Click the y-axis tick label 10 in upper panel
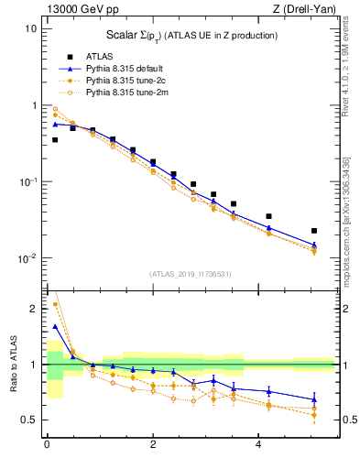point(29,28)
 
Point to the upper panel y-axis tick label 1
point(33,105)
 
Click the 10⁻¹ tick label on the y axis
point(27,181)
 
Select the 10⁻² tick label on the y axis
point(27,258)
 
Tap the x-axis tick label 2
point(153,444)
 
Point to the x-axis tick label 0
point(47,444)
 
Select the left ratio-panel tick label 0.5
point(30,420)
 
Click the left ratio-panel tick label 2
point(33,309)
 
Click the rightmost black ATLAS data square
point(314,231)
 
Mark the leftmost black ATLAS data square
point(55,140)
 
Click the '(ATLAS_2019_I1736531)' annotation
point(190,274)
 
